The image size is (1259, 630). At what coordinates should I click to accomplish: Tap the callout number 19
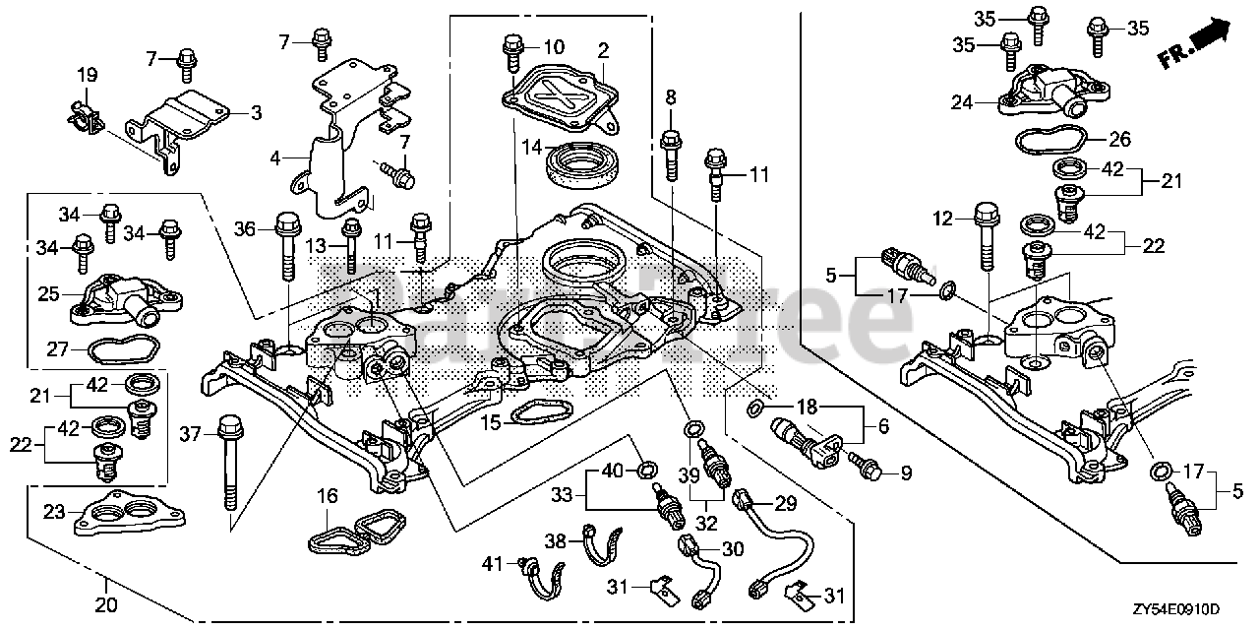pos(88,74)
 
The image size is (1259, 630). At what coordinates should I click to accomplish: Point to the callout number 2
pos(603,48)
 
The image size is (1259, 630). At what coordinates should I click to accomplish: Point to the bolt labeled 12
pos(987,233)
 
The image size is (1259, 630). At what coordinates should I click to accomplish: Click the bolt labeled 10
pos(511,51)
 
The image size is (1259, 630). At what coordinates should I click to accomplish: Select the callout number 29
pos(784,504)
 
